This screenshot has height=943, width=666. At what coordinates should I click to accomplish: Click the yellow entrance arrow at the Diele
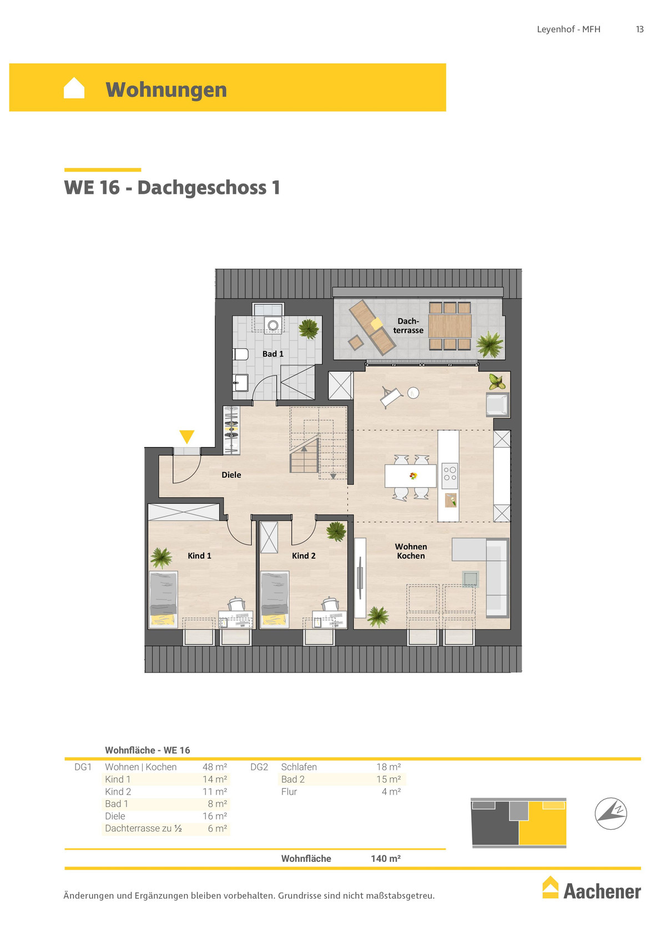(186, 437)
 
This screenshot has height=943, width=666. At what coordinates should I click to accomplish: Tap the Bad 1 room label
(273, 354)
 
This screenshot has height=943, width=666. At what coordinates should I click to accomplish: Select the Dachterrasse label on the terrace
(408, 326)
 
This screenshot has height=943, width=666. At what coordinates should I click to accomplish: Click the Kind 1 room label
(199, 556)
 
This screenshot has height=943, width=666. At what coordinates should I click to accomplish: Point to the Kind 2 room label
(304, 556)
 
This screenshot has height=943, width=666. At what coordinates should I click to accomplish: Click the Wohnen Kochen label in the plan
(411, 551)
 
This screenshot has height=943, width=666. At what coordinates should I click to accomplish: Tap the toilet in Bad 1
(240, 354)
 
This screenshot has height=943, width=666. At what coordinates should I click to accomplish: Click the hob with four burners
(450, 474)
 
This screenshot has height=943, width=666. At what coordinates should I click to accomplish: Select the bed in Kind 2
(275, 599)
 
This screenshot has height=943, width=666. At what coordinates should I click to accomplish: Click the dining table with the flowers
(411, 476)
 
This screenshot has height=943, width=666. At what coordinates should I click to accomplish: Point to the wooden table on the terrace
(450, 326)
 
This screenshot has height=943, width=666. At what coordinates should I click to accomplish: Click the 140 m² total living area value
(385, 859)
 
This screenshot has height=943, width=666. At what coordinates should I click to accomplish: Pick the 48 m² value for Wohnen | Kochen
(215, 767)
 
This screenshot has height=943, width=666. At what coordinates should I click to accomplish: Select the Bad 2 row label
(293, 779)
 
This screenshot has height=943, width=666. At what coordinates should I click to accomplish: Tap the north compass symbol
(610, 813)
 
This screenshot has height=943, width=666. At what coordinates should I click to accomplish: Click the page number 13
(639, 29)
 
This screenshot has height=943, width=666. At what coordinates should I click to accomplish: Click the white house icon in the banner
(74, 88)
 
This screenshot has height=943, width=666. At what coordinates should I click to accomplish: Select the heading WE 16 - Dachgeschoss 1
(172, 187)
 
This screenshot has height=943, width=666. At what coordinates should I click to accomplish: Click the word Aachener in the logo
(602, 892)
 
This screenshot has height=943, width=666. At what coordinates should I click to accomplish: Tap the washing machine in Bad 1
(273, 325)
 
